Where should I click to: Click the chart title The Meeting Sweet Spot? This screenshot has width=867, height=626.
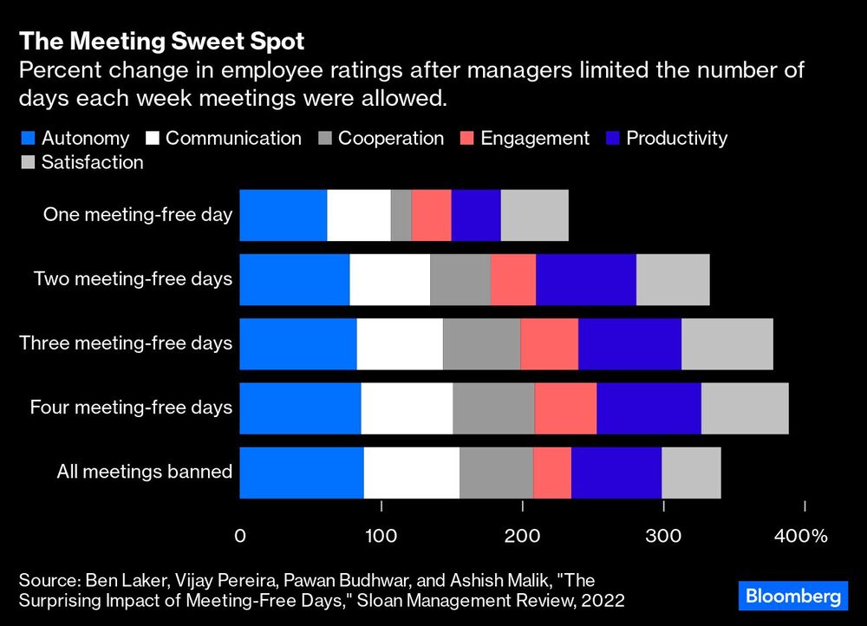coord(162,42)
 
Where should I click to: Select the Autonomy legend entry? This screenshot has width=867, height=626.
coord(75,138)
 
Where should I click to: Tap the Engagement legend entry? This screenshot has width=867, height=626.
coord(525,138)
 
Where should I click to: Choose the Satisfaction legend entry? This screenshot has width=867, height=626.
coord(81,162)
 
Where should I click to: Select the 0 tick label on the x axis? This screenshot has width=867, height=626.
coord(240,536)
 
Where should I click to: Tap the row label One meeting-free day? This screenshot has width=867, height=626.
coord(138,214)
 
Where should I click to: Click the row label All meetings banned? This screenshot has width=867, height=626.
coord(145,473)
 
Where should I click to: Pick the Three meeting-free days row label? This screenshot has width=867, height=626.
coord(126,343)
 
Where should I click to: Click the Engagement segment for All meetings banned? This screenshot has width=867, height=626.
coord(552,473)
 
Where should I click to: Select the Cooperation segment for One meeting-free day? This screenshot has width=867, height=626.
coord(401,214)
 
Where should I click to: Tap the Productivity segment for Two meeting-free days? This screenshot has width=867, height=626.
coord(586,279)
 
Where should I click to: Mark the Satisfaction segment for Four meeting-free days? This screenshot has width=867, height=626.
coord(745,408)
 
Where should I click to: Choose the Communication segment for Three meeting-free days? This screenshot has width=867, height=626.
coord(400,343)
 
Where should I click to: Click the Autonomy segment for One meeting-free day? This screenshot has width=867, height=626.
coord(284,214)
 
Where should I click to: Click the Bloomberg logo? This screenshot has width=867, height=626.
coord(792,597)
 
